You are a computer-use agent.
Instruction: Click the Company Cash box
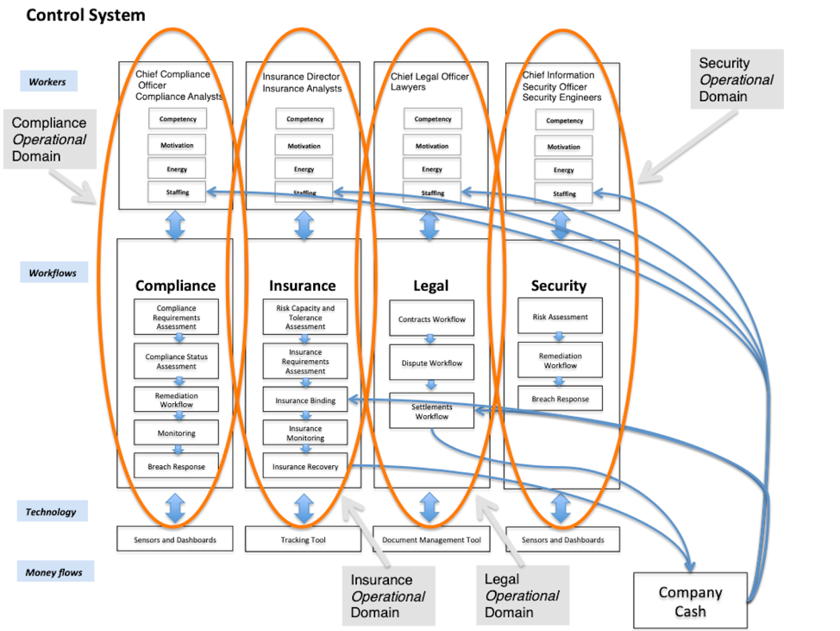point(690,601)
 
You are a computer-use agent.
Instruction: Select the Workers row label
point(47,82)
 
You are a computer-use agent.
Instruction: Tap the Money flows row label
point(54,571)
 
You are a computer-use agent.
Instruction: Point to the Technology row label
point(51,512)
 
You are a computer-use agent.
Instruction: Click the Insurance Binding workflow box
point(305,401)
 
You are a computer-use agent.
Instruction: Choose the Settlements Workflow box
point(431,411)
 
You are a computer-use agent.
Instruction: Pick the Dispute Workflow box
point(431,363)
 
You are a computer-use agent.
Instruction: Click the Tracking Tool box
point(303,540)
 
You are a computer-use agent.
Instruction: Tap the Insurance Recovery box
point(305,467)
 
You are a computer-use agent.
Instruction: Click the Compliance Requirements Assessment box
point(176,317)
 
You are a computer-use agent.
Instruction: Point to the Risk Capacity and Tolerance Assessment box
point(305,317)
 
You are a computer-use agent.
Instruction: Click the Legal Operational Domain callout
point(523,596)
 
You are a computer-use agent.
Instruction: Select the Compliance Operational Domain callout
point(49,140)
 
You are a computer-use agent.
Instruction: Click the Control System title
point(85,16)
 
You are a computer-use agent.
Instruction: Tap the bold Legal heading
point(430,286)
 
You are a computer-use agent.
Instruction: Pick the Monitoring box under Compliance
point(176,433)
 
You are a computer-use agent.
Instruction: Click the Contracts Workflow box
point(431,319)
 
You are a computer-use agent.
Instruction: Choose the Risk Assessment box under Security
point(561,317)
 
